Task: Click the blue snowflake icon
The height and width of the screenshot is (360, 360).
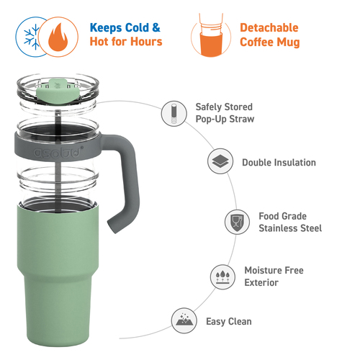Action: point(32,37)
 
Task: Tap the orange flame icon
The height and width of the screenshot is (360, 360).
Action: point(58,37)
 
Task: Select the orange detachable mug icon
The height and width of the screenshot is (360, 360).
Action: point(211,35)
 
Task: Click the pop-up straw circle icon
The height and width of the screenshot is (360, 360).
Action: point(174,114)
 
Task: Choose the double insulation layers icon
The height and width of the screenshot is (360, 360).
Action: point(220,161)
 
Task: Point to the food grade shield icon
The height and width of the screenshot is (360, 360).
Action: point(237,222)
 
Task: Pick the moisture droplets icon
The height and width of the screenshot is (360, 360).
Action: point(222,277)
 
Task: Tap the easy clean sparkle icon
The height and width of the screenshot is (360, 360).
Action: point(184,320)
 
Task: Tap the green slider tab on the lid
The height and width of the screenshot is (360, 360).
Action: point(58,91)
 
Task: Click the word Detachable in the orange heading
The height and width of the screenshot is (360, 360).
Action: point(269,28)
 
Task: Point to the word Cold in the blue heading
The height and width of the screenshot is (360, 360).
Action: point(137,27)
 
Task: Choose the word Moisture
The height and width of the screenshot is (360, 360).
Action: point(262,271)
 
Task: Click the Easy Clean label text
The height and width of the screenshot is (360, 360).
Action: point(229,322)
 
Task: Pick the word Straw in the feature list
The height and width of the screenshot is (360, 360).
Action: point(242,119)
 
